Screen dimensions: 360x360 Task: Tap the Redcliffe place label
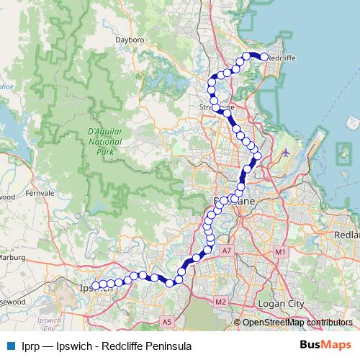[x=282, y=55]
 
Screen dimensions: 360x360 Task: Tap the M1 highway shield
[x=280, y=251]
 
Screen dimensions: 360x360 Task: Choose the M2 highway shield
[x=220, y=301]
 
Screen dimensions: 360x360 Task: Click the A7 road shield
[x=227, y=250]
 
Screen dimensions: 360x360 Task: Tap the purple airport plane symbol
[x=287, y=153]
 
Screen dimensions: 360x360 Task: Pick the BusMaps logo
[x=320, y=346]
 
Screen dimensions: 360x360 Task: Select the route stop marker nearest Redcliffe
[x=264, y=57]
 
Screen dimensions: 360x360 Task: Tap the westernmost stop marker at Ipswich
[x=95, y=286]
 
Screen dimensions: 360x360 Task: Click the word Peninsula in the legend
[x=168, y=346]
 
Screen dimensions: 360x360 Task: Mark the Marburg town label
[x=12, y=257]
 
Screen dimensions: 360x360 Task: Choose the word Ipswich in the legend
[x=73, y=346]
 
